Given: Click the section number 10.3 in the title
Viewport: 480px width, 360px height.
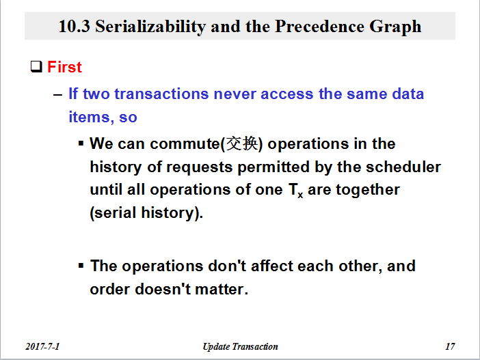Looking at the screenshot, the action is pyautogui.click(x=74, y=27).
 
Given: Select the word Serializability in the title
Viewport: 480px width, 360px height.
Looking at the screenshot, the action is pyautogui.click(x=150, y=27).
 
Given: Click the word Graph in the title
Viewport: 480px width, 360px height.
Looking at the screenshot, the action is pyautogui.click(x=395, y=27).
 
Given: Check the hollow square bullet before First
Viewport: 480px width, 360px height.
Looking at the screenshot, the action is pyautogui.click(x=36, y=66).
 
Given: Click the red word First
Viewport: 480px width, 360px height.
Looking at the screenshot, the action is pyautogui.click(x=64, y=67).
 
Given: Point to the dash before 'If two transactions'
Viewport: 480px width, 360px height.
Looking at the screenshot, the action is pyautogui.click(x=57, y=94).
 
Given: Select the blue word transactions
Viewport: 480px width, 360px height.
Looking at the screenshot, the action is pyautogui.click(x=161, y=94).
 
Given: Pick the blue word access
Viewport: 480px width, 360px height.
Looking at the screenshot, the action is pyautogui.click(x=286, y=94).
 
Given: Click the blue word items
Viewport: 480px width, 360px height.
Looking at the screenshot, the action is pyautogui.click(x=89, y=117).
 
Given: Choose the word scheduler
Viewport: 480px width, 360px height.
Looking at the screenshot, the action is pyautogui.click(x=403, y=167).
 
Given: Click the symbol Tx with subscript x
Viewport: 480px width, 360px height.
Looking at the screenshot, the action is pyautogui.click(x=295, y=191).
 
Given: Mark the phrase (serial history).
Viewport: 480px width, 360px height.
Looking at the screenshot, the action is pyautogui.click(x=146, y=213).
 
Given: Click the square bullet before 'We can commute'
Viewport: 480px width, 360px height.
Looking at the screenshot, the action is pyautogui.click(x=81, y=143).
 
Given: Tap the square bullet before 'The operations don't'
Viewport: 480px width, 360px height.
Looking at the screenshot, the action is pyautogui.click(x=81, y=266).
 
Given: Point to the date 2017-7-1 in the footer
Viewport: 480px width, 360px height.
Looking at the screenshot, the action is pyautogui.click(x=42, y=346).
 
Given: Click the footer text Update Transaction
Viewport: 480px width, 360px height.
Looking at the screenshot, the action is pyautogui.click(x=240, y=346).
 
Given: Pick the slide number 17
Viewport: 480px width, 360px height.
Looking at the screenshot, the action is pyautogui.click(x=450, y=346).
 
